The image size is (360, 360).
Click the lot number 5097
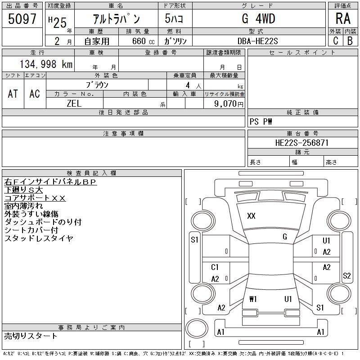tap(22, 19)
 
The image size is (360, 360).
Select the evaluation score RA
tap(343, 18)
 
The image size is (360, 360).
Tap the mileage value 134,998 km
tap(46, 64)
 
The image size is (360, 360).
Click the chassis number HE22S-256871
tap(302, 143)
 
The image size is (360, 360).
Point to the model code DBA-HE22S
tap(257, 41)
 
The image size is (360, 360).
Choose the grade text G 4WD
tap(258, 18)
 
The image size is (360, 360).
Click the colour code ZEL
tap(74, 103)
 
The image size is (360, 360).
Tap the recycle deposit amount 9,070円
tap(229, 104)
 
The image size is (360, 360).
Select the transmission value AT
tap(13, 94)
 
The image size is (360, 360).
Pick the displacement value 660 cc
tap(143, 41)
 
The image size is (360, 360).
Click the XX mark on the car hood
tap(251, 216)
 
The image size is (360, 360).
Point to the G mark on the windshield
tap(285, 237)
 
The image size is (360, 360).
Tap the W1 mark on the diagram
tap(253, 299)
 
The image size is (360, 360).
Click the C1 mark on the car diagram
tap(215, 267)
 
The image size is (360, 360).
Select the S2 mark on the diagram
tap(346, 276)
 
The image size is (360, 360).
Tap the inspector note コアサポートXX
tap(35, 198)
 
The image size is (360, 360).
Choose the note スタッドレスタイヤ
tap(39, 238)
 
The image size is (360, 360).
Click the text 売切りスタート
tap(31, 336)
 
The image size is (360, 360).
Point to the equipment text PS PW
tap(261, 121)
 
